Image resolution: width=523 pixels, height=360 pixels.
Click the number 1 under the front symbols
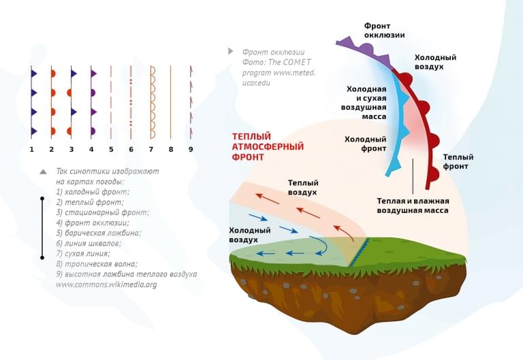point(31,149)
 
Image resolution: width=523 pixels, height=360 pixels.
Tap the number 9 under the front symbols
point(191,149)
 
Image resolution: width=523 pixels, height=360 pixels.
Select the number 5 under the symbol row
point(111,149)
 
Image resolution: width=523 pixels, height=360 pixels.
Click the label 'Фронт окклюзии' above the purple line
point(384,30)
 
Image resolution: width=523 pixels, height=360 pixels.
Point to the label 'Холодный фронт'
point(366,144)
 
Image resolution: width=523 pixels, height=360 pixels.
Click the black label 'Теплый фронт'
point(458,161)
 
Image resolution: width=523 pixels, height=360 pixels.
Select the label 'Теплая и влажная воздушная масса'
point(413,206)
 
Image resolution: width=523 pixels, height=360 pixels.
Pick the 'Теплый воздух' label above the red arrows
point(303,187)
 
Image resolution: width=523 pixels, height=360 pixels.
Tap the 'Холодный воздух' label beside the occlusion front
point(436,62)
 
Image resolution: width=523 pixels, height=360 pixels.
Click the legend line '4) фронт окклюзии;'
point(93,223)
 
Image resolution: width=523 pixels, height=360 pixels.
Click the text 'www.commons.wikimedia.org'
point(106,284)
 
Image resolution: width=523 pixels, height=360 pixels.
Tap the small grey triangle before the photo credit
point(231,51)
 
